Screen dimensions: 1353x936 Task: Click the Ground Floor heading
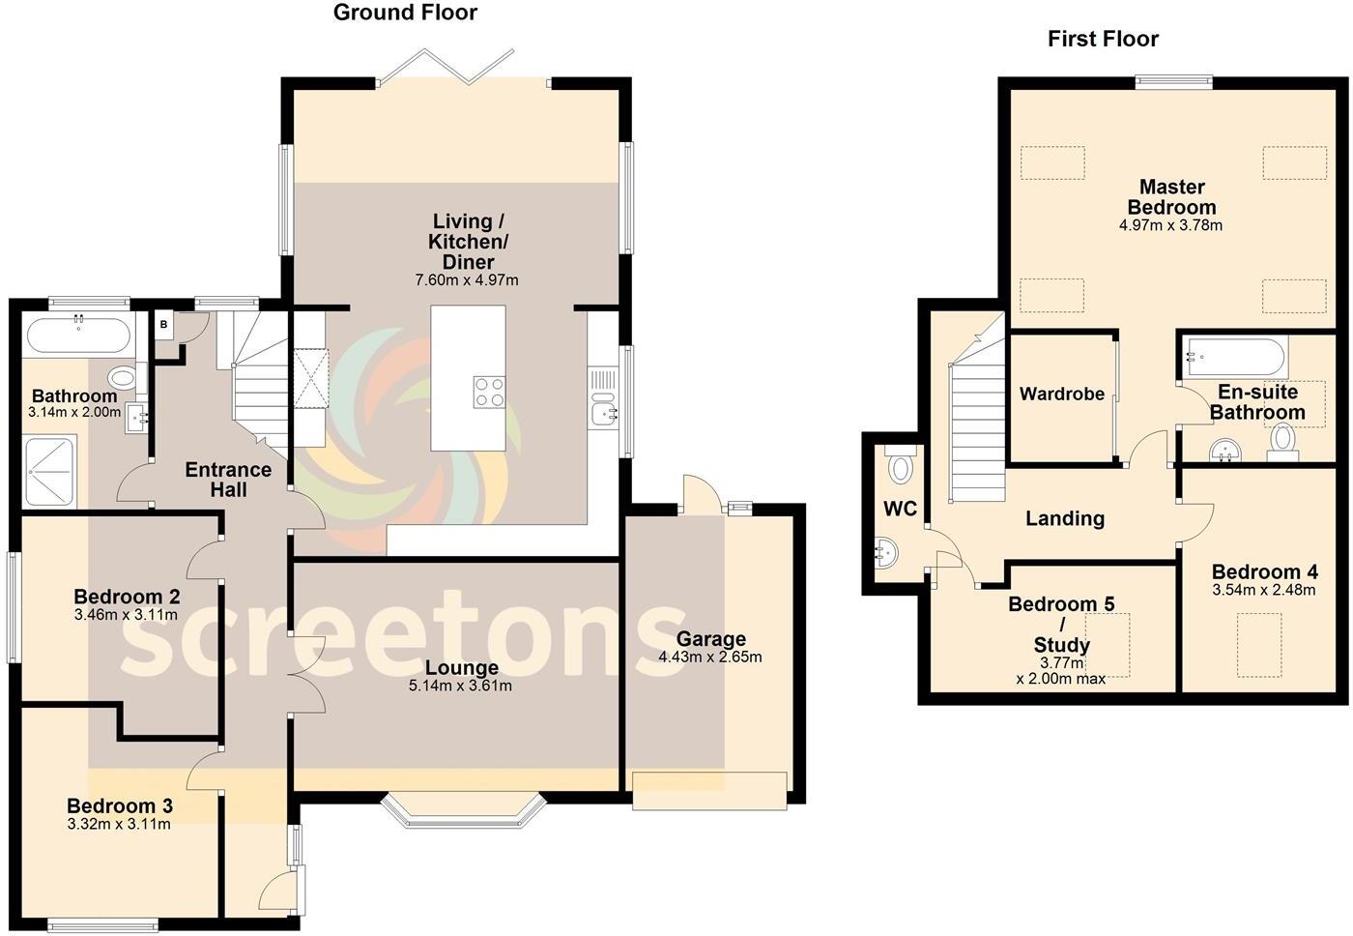405,13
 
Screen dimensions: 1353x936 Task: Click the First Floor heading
1103,39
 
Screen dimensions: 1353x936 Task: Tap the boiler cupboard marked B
164,325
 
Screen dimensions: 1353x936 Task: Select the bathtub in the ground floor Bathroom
77,336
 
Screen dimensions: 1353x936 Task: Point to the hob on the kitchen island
489,392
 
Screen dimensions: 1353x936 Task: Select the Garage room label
710,638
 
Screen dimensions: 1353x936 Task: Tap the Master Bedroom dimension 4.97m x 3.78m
1171,226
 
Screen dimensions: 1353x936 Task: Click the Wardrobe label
1061,394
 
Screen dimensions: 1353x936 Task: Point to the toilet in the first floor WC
901,468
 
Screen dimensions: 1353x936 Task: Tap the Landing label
1064,518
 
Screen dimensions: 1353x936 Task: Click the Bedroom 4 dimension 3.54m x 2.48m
1263,590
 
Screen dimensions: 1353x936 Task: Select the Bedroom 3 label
119,805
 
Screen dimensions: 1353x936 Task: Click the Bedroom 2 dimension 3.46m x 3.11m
126,615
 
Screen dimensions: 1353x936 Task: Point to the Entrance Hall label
228,480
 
